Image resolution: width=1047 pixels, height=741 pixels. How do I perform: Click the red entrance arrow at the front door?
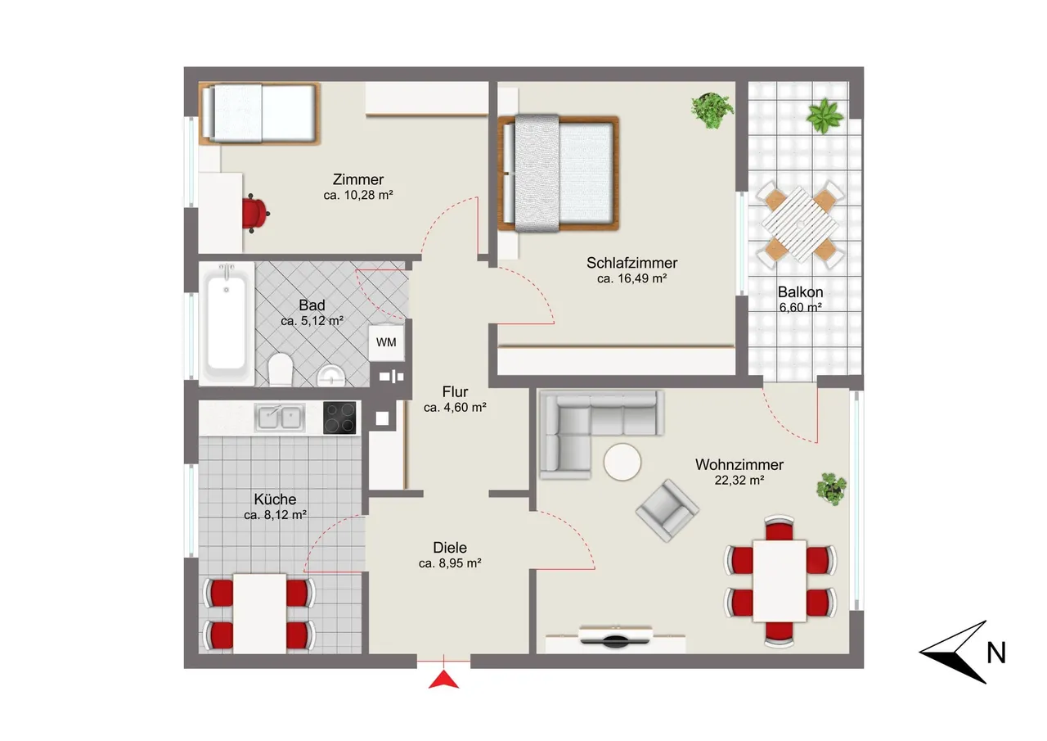[443, 680]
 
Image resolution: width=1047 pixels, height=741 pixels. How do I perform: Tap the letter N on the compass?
[996, 653]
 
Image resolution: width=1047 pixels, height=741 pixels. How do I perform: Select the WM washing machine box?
[386, 342]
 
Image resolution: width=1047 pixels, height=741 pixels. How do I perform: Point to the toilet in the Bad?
[281, 369]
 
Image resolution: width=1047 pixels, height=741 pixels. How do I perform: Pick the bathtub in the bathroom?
[227, 324]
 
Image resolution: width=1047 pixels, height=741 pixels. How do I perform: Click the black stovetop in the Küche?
[339, 418]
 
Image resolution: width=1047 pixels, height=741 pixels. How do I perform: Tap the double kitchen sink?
[280, 417]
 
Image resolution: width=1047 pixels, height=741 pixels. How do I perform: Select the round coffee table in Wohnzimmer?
[622, 462]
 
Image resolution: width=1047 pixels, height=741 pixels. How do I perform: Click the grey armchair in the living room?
[667, 510]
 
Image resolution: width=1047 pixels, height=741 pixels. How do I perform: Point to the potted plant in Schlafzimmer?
[712, 110]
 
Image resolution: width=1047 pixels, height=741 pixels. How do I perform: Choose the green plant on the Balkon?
[825, 115]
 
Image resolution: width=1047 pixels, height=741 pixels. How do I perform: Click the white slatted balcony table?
[800, 224]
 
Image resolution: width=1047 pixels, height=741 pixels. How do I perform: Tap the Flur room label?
[455, 391]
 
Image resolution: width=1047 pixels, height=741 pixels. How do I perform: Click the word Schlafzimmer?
[632, 263]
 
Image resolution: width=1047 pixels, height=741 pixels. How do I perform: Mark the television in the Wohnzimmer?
[615, 638]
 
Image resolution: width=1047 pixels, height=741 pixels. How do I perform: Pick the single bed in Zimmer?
[259, 113]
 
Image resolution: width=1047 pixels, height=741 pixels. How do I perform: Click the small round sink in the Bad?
[331, 375]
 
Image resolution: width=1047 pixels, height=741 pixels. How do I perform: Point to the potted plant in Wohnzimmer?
[832, 489]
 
